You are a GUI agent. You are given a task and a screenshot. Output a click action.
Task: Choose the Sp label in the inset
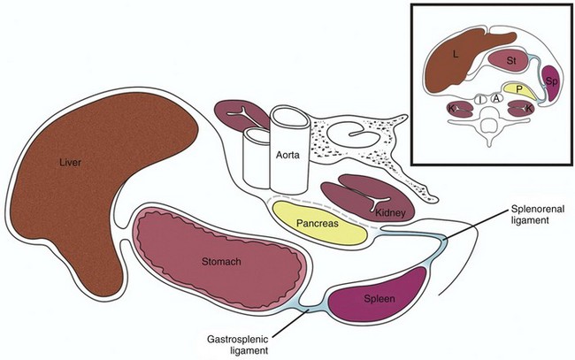[550, 82]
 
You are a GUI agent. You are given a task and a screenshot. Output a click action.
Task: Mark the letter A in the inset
[498, 99]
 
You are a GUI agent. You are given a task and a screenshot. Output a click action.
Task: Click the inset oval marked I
[480, 100]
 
